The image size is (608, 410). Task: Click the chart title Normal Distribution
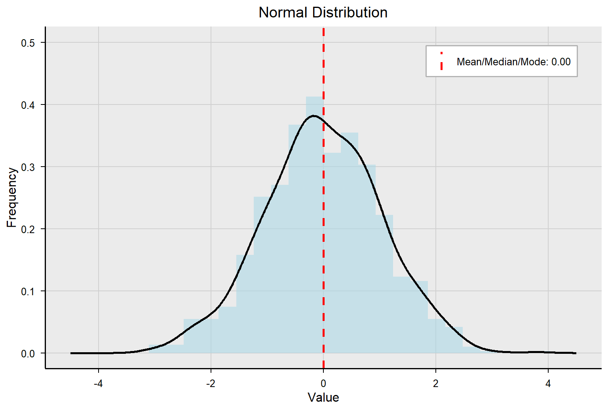tap(323, 13)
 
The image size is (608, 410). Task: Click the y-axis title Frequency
tap(12, 197)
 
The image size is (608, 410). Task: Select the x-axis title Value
tap(323, 397)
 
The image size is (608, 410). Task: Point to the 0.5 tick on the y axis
tap(28, 43)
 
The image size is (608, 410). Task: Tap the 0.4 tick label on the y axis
tap(28, 105)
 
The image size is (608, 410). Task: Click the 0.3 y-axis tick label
tap(28, 167)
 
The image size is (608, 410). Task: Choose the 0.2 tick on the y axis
tap(28, 229)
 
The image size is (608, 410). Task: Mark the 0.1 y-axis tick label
tap(28, 291)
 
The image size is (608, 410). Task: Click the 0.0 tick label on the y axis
tap(28, 353)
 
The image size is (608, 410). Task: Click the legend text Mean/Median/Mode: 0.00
tap(513, 62)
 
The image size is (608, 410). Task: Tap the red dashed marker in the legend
tap(441, 62)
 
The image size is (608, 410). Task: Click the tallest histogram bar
tap(315, 226)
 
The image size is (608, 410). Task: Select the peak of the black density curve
tap(313, 116)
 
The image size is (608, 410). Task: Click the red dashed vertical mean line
tap(323, 237)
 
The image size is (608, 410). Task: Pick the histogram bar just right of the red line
tap(332, 253)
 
